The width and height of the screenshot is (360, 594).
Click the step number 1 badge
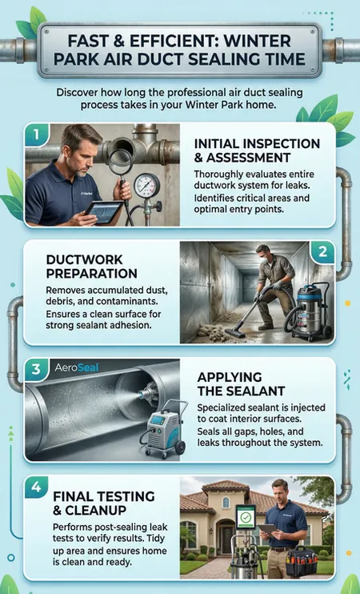[x=36, y=134]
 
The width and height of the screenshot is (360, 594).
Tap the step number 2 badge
[x=322, y=252]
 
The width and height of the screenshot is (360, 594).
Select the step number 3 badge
[x=36, y=369]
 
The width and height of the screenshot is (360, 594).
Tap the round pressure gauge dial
[x=147, y=186]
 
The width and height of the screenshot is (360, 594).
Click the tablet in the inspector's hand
[x=104, y=212]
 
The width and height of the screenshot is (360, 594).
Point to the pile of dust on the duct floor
[x=211, y=329]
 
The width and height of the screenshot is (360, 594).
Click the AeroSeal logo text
[x=77, y=367]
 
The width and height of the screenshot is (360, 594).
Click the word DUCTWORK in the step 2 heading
[x=85, y=259]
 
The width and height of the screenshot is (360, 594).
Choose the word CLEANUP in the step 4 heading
[x=95, y=510]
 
